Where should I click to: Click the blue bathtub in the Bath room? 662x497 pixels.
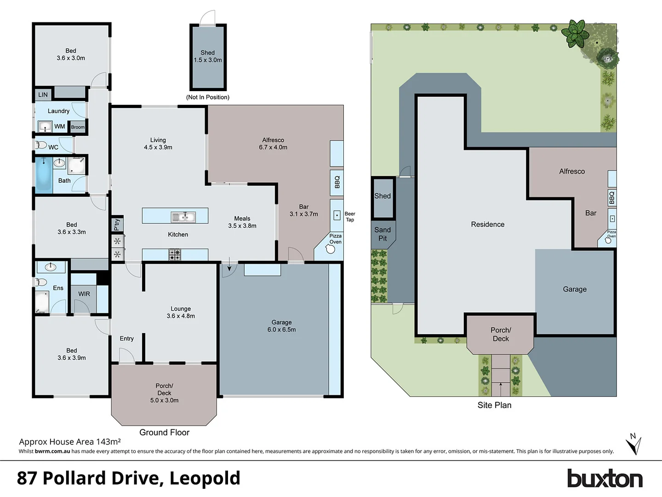click(x=44, y=174)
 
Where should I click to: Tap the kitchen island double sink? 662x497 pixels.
click(x=183, y=216)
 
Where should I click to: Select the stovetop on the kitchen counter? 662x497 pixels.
click(x=175, y=254)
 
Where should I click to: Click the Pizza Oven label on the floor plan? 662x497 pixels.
click(x=335, y=239)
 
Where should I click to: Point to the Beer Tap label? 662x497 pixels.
click(x=350, y=217)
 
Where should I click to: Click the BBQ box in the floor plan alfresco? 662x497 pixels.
click(x=337, y=182)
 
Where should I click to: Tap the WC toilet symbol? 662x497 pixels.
click(x=41, y=145)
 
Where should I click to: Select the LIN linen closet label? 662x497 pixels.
click(x=43, y=95)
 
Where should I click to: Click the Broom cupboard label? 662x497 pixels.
click(x=78, y=127)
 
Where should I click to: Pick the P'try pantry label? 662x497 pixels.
click(x=117, y=224)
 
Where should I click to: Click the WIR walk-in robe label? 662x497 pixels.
click(x=84, y=294)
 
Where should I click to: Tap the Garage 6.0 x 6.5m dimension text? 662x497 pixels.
click(x=281, y=329)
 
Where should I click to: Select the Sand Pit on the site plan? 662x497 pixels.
click(x=382, y=234)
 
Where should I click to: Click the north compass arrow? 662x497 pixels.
click(x=633, y=444)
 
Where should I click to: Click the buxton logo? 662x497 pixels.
click(x=604, y=479)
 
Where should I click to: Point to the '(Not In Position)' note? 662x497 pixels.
click(x=208, y=97)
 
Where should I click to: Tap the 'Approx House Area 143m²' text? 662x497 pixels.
click(x=70, y=442)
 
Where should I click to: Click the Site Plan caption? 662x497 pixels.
click(x=494, y=405)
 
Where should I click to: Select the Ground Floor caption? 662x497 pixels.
click(x=164, y=432)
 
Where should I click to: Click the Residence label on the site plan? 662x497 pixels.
click(x=487, y=225)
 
